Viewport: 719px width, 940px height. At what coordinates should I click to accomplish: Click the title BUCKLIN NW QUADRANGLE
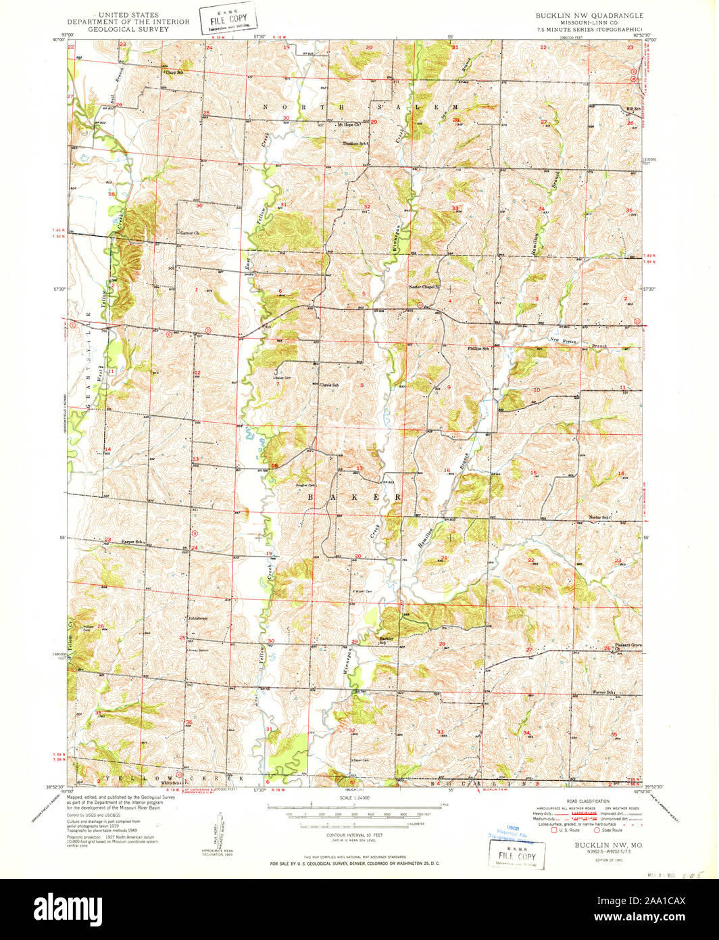(589, 15)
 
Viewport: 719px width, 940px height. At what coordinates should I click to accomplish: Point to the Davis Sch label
(329, 385)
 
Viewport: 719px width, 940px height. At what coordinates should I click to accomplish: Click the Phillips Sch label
(478, 348)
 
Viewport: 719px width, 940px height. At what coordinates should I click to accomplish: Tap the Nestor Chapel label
(424, 287)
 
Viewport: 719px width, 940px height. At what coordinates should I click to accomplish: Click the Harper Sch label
(131, 542)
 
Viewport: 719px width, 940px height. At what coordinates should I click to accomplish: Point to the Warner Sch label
(601, 692)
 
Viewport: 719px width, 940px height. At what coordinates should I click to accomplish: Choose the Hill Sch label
(633, 109)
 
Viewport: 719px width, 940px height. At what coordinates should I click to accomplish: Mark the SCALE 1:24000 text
(353, 799)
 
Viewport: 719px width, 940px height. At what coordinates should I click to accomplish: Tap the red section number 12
(197, 373)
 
